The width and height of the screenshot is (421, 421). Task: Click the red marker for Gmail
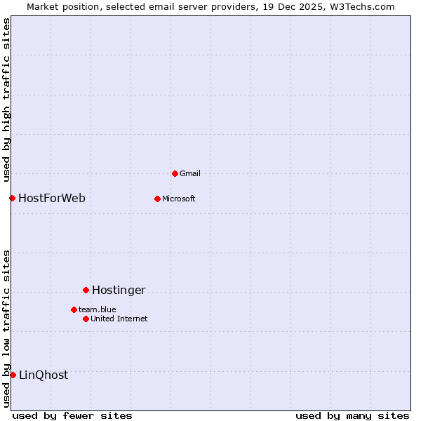click(175, 173)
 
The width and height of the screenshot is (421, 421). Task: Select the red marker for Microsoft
click(157, 199)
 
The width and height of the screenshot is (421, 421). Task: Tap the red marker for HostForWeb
click(12, 198)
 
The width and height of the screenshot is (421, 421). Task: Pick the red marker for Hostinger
click(86, 290)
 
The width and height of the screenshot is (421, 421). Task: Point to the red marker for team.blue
click(74, 309)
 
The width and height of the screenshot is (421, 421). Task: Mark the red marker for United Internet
click(86, 319)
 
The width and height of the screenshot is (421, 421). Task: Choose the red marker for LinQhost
click(13, 375)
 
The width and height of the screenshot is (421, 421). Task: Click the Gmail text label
click(190, 173)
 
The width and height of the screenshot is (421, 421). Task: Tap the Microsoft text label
click(179, 199)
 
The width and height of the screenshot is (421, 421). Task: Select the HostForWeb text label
click(52, 198)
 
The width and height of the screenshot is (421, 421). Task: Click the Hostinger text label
click(119, 290)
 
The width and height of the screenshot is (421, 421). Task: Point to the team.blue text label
click(98, 309)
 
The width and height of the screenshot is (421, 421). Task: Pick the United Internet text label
click(119, 319)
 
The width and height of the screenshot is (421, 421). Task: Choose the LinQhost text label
click(44, 375)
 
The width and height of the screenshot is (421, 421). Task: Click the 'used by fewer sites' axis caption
click(72, 415)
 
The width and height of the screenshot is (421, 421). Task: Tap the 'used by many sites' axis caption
click(352, 415)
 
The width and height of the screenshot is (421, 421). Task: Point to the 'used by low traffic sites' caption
click(6, 328)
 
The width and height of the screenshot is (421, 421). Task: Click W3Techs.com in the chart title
click(362, 6)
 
